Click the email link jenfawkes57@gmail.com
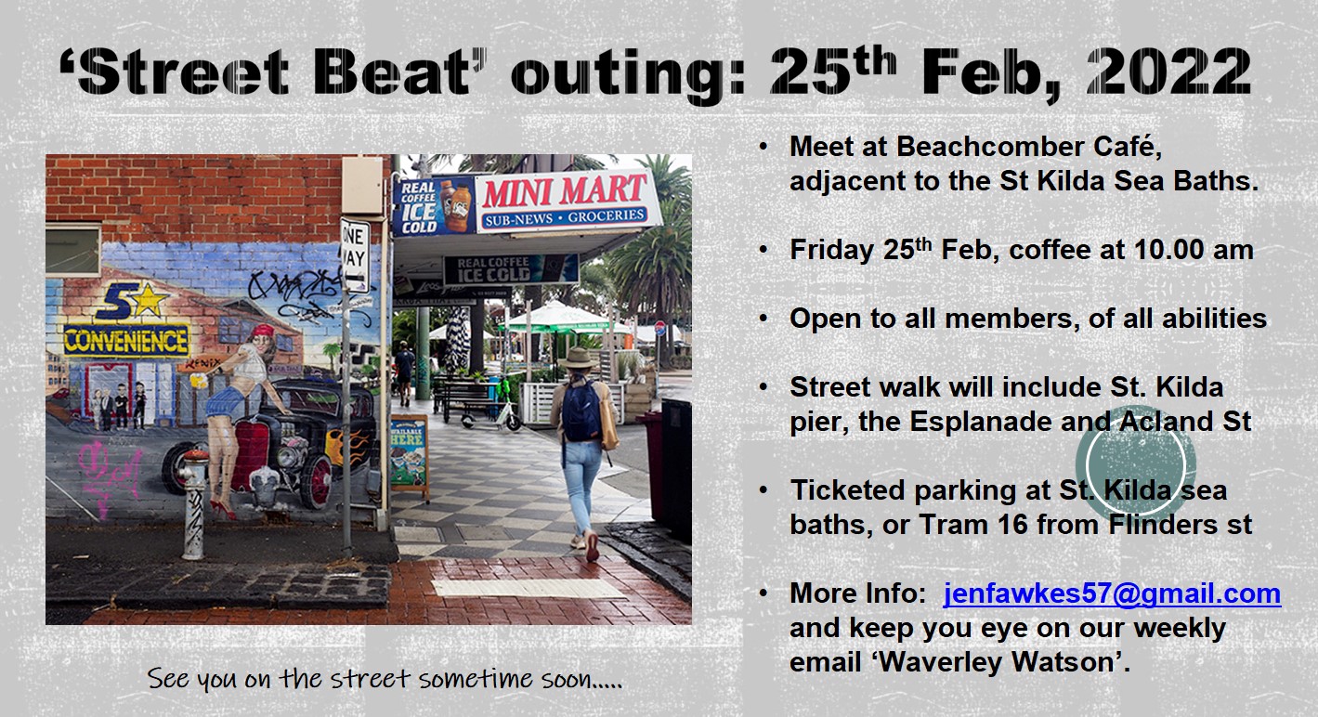[1112, 593]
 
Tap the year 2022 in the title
[1168, 72]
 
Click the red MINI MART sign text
[565, 190]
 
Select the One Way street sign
[356, 255]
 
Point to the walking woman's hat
[579, 358]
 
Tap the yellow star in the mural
[149, 300]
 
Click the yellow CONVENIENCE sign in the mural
[126, 341]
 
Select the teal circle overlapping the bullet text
[1136, 464]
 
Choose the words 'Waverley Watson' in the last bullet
[997, 662]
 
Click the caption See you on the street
[385, 679]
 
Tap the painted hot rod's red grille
[251, 456]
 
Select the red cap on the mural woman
[263, 330]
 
